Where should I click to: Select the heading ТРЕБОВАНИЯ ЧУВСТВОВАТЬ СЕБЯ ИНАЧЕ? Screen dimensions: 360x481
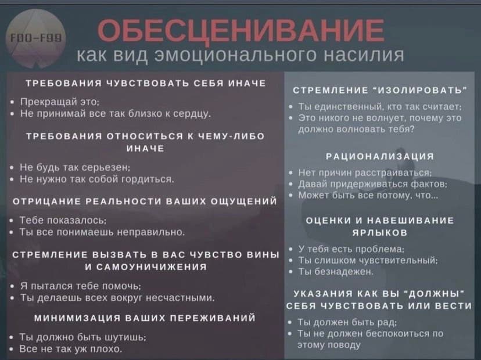(x=143, y=83)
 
